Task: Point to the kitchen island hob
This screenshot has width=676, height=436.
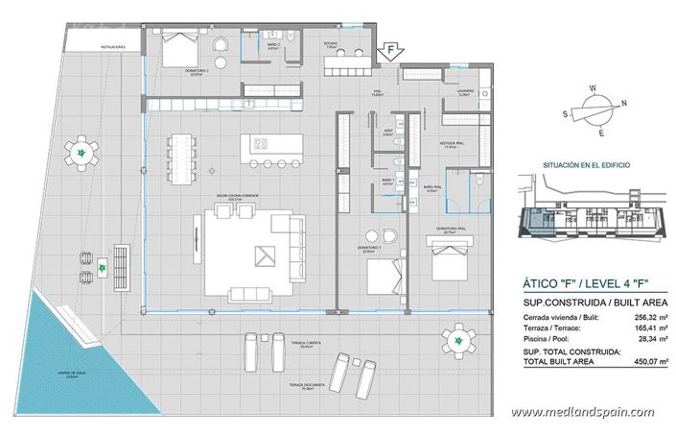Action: point(259,144)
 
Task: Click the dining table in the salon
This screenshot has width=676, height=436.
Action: point(182,157)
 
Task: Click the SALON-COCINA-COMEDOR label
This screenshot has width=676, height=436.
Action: point(238,195)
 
